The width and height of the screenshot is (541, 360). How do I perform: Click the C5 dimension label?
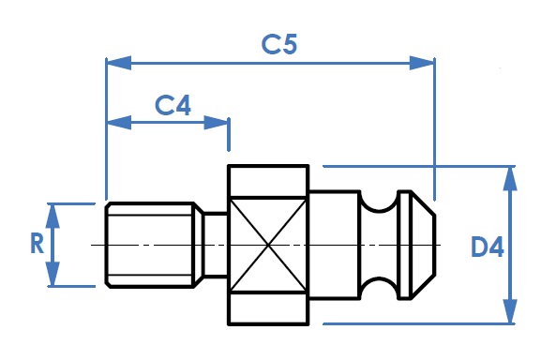[279, 44]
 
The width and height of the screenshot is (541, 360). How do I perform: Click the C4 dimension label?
[173, 105]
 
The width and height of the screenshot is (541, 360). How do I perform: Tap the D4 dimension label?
[488, 247]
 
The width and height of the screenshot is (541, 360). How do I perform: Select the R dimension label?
[38, 243]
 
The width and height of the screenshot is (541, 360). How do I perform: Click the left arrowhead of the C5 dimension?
[119, 63]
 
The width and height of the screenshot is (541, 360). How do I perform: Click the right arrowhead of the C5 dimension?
[422, 63]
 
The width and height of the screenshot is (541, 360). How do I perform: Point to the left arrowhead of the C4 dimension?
[119, 123]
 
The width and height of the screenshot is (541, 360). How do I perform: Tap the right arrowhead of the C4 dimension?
[217, 123]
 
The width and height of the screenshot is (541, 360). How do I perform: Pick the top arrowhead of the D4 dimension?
[510, 179]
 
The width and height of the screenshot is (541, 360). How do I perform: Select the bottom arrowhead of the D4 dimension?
[510, 311]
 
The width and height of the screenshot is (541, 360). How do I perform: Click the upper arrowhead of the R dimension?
[53, 216]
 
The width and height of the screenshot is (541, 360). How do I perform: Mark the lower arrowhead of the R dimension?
[53, 274]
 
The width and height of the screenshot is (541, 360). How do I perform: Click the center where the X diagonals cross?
[268, 246]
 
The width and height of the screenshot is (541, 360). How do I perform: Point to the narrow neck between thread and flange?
[216, 246]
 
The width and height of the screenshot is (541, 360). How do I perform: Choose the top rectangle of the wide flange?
[268, 181]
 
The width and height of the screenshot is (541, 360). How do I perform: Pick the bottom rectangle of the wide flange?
[268, 308]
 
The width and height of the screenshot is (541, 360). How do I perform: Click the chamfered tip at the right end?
[423, 246]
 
